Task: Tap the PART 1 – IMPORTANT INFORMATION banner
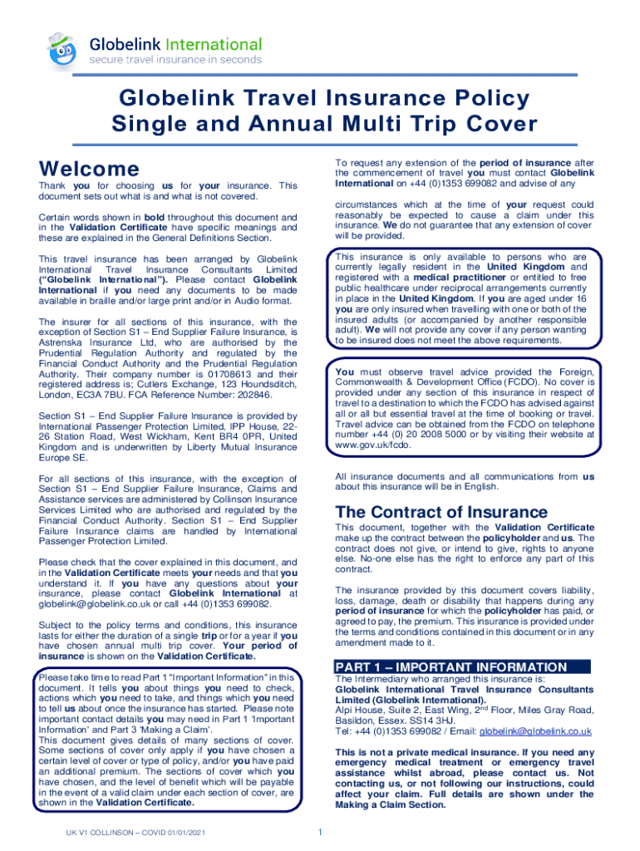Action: coord(461,667)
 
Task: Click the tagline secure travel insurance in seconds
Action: coord(175,60)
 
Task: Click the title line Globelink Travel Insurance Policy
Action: coord(320,99)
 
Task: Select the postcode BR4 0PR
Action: coord(244,435)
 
